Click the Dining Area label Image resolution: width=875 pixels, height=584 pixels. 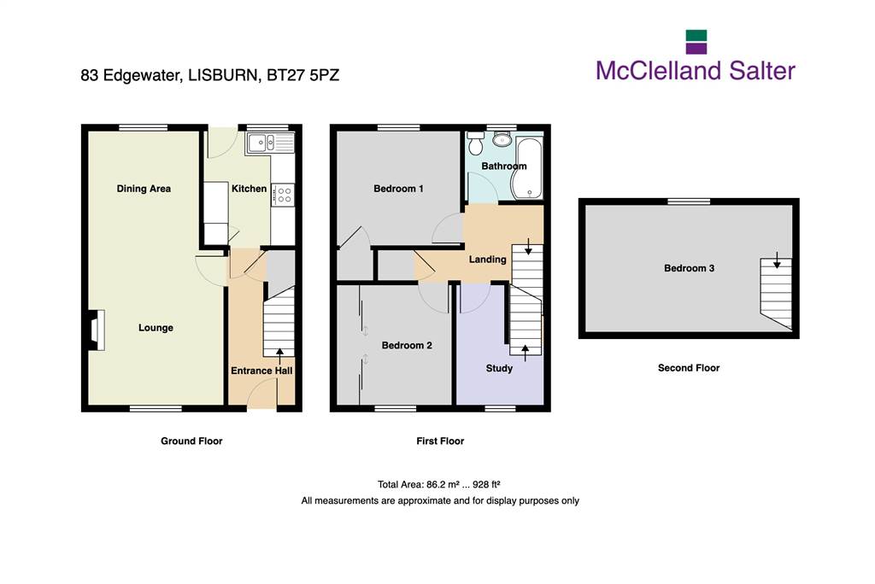click(x=144, y=189)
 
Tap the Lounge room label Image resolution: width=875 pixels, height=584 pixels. click(x=156, y=328)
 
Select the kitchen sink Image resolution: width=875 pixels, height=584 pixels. click(x=269, y=143)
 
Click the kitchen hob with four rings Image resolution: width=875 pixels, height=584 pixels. click(x=284, y=196)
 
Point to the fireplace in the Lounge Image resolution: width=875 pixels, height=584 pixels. click(x=96, y=330)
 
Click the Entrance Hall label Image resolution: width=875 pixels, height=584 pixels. click(x=261, y=371)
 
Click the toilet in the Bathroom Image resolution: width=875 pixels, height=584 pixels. click(x=475, y=143)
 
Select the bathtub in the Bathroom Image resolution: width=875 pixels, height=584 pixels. click(x=527, y=168)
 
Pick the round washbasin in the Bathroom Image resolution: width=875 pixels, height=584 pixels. click(x=502, y=139)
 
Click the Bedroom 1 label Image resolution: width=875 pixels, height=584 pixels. click(x=398, y=189)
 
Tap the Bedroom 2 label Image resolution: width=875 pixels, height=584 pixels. click(x=407, y=345)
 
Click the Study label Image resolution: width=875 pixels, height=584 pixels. click(x=499, y=368)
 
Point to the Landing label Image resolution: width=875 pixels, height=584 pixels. click(x=488, y=260)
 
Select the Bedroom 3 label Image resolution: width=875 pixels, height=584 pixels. click(x=690, y=268)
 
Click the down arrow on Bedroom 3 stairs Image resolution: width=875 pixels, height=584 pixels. click(x=776, y=260)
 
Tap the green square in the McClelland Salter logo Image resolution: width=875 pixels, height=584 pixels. click(x=696, y=36)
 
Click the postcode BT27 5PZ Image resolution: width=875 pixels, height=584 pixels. click(x=303, y=75)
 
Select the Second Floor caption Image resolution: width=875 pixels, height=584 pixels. click(x=689, y=368)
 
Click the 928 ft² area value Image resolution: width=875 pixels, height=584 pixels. click(x=486, y=484)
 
